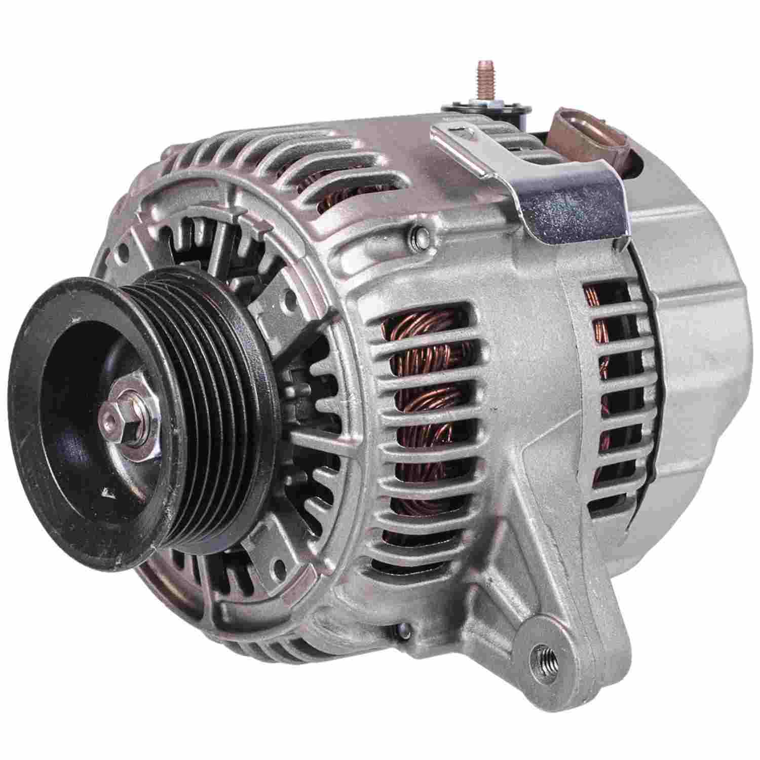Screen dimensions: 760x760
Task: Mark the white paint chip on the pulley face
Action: pyautogui.click(x=107, y=492)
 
